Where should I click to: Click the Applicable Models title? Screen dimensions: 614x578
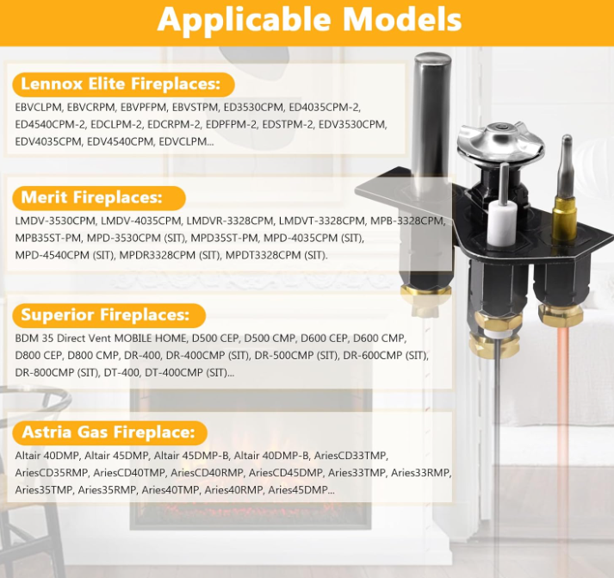pyautogui.click(x=309, y=18)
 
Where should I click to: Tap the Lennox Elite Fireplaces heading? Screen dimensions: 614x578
pyautogui.click(x=121, y=84)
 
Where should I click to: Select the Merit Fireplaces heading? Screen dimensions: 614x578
pyautogui.click(x=91, y=197)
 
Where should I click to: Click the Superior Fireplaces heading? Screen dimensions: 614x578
pyautogui.click(x=105, y=314)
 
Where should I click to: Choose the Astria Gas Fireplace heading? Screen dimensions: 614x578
pyautogui.click(x=109, y=432)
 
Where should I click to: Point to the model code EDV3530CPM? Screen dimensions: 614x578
pyautogui.click(x=352, y=125)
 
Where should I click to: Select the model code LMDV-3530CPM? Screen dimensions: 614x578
pyautogui.click(x=55, y=221)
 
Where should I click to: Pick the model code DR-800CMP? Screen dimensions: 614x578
pyautogui.click(x=43, y=373)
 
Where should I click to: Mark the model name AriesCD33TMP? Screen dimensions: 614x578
pyautogui.click(x=350, y=456)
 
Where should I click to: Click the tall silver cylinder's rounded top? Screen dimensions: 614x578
pyautogui.click(x=432, y=60)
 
